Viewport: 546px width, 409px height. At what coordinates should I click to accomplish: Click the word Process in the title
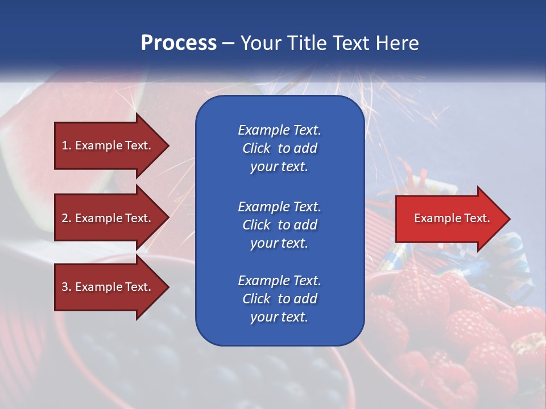click(179, 43)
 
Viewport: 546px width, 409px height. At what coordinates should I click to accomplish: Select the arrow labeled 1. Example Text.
click(108, 145)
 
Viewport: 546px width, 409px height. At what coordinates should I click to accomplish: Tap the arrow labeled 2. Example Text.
click(108, 218)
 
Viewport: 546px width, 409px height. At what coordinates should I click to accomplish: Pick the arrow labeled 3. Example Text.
click(108, 287)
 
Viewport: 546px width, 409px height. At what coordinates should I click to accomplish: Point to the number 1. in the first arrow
click(67, 145)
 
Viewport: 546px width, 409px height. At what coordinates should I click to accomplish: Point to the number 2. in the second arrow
click(67, 218)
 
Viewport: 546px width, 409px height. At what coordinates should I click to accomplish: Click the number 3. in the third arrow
click(67, 287)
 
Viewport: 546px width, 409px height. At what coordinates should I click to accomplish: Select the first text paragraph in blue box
click(279, 148)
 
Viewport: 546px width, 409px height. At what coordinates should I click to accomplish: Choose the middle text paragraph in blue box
click(279, 225)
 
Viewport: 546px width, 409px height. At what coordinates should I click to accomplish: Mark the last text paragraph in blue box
click(279, 299)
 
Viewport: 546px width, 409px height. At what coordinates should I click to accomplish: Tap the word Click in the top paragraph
click(257, 148)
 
